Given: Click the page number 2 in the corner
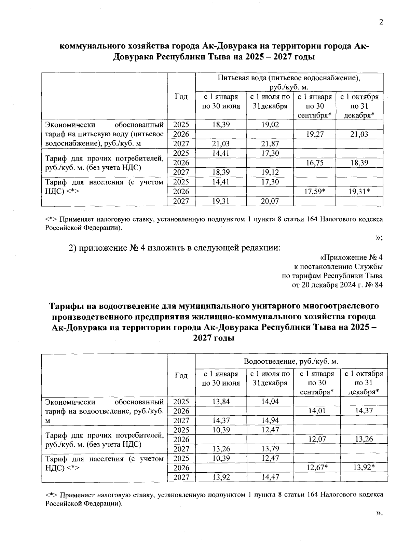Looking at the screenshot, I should pyautogui.click(x=381, y=23).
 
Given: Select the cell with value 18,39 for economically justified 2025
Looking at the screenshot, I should pyautogui.click(x=221, y=125).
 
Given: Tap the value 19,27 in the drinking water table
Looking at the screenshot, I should pyautogui.click(x=315, y=134).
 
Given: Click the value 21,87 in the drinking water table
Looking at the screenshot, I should pyautogui.click(x=270, y=144).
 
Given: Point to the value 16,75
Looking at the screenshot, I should pyautogui.click(x=315, y=163).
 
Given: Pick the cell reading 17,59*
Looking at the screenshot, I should pyautogui.click(x=315, y=192).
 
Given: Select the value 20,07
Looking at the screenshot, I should pyautogui.click(x=270, y=201).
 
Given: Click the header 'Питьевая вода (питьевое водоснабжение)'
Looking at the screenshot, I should pyautogui.click(x=289, y=78).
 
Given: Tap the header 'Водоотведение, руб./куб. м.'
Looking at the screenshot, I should pyautogui.click(x=291, y=361).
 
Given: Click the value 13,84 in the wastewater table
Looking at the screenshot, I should pyautogui.click(x=221, y=401).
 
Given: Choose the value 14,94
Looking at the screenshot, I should pyautogui.click(x=270, y=420).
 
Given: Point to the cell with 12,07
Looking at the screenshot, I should pyautogui.click(x=317, y=439).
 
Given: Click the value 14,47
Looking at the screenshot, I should pyautogui.click(x=270, y=477).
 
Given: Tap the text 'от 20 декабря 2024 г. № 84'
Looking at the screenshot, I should pyautogui.click(x=337, y=285).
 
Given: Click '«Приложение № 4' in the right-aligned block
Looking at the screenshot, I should pyautogui.click(x=351, y=257).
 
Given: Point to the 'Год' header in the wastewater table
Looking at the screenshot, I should pyautogui.click(x=181, y=376).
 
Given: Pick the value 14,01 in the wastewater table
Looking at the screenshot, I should pyautogui.click(x=317, y=411).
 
